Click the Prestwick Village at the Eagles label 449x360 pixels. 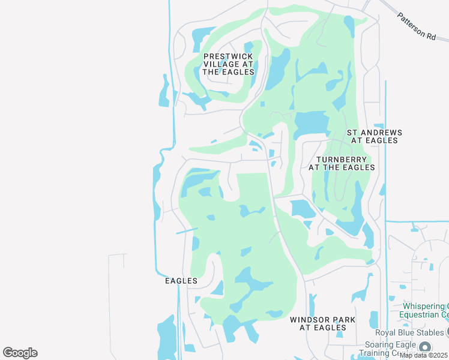[228, 64]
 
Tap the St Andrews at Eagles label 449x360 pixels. [374, 136]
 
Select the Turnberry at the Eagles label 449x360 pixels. [342, 163]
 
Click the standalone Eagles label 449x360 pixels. [181, 281]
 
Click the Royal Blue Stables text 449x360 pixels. [411, 332]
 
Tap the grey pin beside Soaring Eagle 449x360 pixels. [425, 347]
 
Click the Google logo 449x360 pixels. [20, 353]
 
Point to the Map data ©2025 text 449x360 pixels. [424, 355]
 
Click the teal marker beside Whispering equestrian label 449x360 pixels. [391, 298]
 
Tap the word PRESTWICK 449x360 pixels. [228, 56]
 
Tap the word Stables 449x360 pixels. [429, 332]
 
